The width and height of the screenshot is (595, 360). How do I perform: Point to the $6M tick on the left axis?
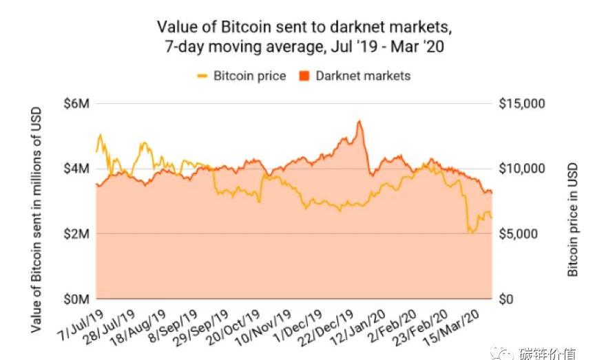(x=77, y=103)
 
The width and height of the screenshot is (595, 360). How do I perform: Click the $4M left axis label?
(x=77, y=169)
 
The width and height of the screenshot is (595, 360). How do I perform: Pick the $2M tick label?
(x=77, y=234)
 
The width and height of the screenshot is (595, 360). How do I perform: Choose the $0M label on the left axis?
(x=77, y=299)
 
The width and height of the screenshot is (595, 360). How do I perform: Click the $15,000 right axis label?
(x=521, y=103)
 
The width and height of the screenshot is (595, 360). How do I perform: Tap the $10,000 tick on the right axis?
(x=521, y=169)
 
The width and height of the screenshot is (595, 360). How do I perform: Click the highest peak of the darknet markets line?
(x=359, y=122)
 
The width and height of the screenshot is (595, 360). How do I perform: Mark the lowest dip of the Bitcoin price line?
(x=471, y=233)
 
